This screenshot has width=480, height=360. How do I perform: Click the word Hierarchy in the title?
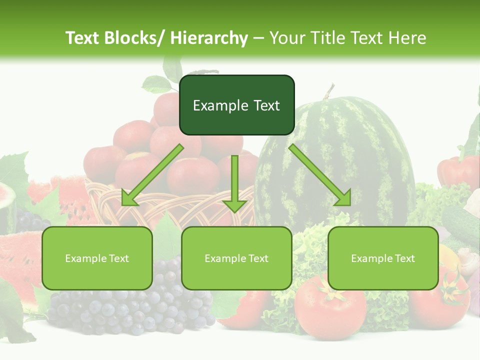click(209, 38)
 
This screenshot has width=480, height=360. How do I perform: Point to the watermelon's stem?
click(328, 91)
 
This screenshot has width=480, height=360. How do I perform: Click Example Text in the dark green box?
click(236, 105)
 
